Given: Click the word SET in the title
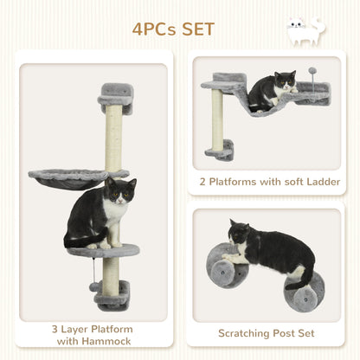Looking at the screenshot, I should tap(196, 29).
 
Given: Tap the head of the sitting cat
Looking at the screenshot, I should tap(121, 192).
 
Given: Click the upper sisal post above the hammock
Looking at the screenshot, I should tap(113, 138).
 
